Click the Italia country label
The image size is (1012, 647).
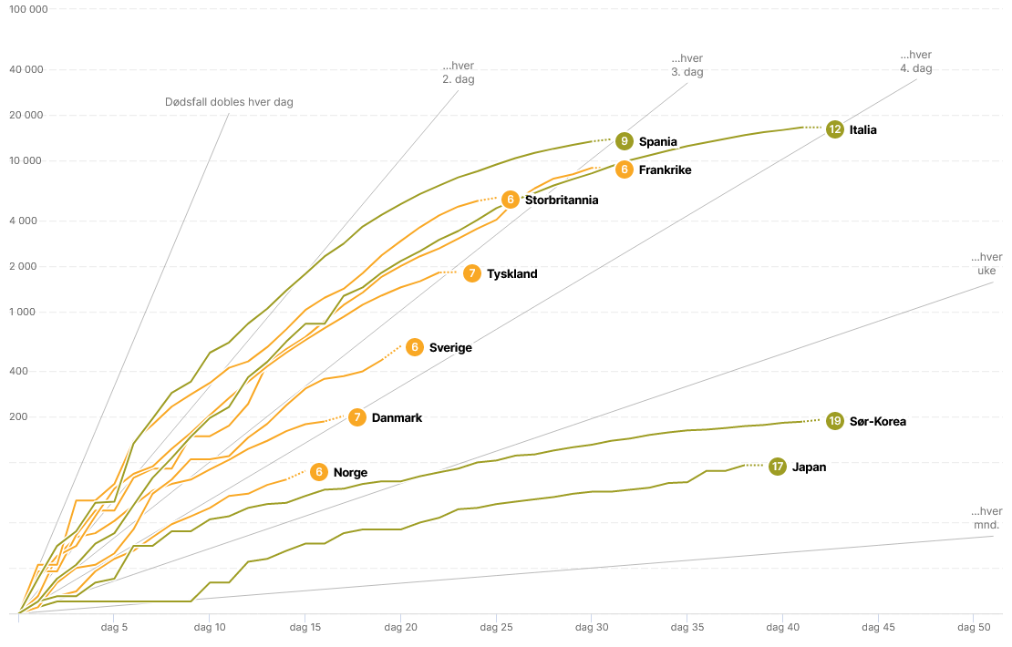(862, 129)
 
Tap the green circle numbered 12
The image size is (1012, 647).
(834, 129)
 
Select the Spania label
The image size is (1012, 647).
(657, 141)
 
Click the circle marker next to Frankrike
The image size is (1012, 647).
(624, 169)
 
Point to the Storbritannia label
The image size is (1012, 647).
(561, 200)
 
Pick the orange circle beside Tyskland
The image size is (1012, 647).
(471, 273)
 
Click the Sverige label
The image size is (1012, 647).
(450, 347)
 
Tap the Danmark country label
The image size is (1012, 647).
(397, 417)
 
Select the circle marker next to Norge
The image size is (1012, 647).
(318, 472)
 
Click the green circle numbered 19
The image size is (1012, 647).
(835, 421)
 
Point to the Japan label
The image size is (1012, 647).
(809, 467)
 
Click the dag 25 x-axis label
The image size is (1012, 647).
(496, 627)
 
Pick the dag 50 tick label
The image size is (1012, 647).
(974, 627)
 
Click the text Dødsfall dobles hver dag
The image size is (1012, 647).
(229, 102)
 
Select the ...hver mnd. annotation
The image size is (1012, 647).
(986, 518)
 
